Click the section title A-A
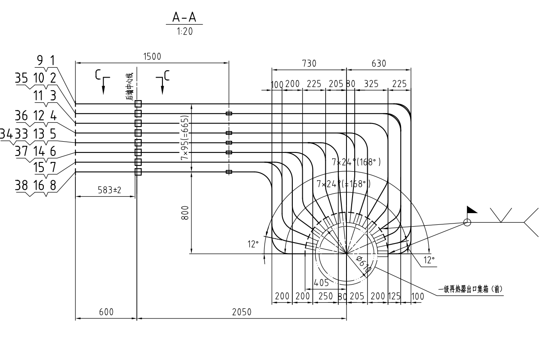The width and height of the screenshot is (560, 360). (184, 17)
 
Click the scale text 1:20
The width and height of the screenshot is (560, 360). (185, 32)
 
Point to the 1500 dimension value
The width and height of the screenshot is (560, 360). (152, 57)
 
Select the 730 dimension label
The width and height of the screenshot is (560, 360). (309, 63)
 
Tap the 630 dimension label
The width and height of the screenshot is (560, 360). (378, 63)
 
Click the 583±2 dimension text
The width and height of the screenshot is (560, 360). (106, 190)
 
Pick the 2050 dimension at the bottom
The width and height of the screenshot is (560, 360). (242, 312)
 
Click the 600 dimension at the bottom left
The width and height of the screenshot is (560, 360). (106, 312)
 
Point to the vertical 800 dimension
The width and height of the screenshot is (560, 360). (185, 213)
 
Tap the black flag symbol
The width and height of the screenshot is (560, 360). (472, 211)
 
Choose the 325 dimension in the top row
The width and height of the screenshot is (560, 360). (372, 84)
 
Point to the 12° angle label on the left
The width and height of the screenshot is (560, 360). (253, 244)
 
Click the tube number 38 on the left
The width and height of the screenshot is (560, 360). (22, 185)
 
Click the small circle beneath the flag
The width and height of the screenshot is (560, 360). (467, 222)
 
